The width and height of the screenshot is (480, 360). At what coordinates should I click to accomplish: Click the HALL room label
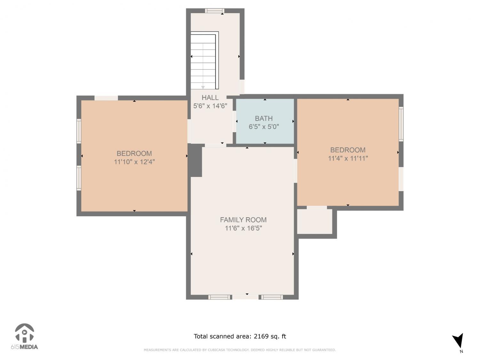click(210, 98)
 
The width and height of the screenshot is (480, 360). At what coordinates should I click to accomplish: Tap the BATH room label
click(264, 118)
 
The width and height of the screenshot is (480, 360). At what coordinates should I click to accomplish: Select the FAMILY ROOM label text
click(243, 220)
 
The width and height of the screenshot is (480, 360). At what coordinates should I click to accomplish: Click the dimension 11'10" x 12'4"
click(134, 162)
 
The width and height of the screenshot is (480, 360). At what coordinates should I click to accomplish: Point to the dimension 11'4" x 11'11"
click(348, 158)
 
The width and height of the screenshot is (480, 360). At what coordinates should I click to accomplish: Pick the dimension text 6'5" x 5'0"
click(264, 127)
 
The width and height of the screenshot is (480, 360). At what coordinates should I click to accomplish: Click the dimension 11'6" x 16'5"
click(244, 228)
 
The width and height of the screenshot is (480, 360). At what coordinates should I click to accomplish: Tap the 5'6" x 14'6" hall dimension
click(210, 106)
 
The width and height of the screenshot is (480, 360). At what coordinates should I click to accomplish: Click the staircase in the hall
click(204, 60)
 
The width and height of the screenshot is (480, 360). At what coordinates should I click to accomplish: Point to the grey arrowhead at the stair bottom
click(203, 87)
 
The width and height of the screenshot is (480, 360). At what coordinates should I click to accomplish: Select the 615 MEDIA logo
click(24, 337)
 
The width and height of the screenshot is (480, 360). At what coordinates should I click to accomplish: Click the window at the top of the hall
click(214, 11)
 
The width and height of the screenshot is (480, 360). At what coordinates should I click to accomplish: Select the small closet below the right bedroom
click(315, 221)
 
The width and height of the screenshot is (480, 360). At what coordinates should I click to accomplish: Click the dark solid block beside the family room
click(195, 160)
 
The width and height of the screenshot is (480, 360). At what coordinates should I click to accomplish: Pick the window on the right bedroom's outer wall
click(401, 124)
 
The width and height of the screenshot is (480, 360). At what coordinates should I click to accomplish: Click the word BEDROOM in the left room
click(134, 154)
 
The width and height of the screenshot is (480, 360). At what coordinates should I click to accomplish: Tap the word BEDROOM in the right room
click(348, 150)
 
